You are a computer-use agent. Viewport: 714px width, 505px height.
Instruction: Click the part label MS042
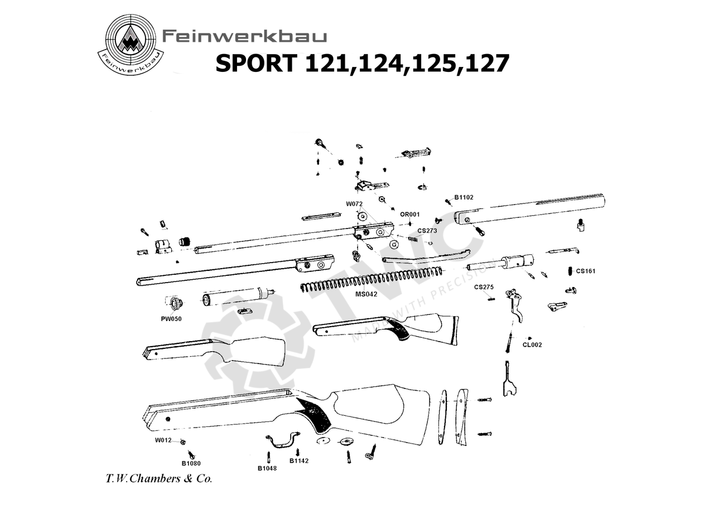[x=366, y=293]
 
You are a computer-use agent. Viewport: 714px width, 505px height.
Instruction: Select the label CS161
[x=586, y=271]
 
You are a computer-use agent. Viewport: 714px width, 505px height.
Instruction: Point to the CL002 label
[x=532, y=345]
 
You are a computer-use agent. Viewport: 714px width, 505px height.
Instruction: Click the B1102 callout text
[x=464, y=197]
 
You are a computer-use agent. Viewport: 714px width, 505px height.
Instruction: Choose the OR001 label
[x=410, y=214]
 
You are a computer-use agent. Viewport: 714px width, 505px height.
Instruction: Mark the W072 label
[x=354, y=204]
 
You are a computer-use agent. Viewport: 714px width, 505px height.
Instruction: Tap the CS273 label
[x=427, y=230]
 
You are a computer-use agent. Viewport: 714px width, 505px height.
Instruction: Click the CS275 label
[x=484, y=287]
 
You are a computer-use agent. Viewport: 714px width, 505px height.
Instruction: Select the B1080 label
[x=191, y=463]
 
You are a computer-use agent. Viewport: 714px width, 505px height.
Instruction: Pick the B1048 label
[x=267, y=468]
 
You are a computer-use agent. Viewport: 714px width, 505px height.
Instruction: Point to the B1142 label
[x=299, y=461]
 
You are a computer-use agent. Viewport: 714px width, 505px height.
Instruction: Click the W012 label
[x=163, y=440]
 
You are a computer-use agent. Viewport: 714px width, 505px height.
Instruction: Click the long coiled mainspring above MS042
[x=371, y=278]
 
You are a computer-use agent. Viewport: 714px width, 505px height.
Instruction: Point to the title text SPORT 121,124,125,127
[x=362, y=64]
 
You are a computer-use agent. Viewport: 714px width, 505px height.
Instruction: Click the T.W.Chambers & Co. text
[x=158, y=479]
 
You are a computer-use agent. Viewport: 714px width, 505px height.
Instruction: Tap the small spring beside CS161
[x=568, y=271]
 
